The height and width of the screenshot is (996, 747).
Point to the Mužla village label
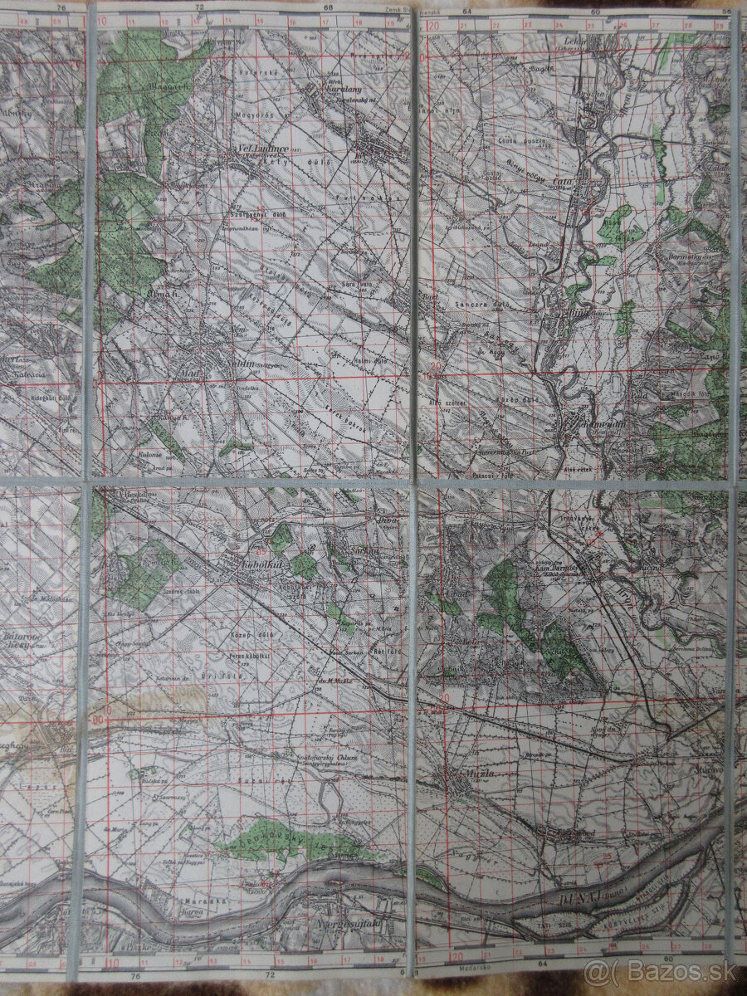click(x=460, y=774)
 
